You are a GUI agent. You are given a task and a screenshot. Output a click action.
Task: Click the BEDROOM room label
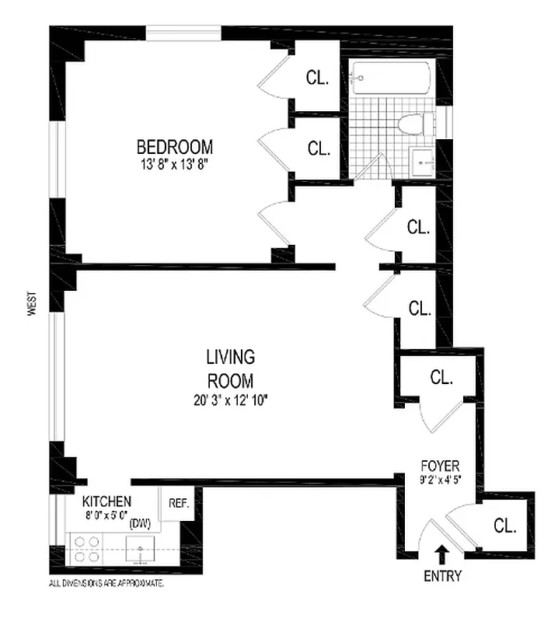click(x=175, y=146)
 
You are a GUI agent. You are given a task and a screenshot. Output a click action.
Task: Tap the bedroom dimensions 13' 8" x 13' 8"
click(x=175, y=163)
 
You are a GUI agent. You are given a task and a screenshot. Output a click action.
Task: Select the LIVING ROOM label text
click(x=230, y=369)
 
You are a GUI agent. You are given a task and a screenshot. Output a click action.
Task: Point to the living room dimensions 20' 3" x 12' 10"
click(x=230, y=401)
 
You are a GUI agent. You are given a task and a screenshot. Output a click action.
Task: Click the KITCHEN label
click(x=106, y=501)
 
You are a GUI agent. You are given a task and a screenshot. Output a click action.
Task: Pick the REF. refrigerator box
click(x=179, y=504)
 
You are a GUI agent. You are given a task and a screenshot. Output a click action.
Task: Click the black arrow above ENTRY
click(x=442, y=554)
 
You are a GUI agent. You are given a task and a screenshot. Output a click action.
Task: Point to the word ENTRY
click(x=442, y=576)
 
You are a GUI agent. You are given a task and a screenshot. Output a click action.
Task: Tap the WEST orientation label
click(x=32, y=302)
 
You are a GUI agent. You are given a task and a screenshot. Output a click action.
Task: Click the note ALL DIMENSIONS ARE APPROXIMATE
click(x=106, y=582)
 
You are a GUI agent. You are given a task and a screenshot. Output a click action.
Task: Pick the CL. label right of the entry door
click(x=505, y=526)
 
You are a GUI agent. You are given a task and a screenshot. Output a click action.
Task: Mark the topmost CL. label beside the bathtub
click(x=317, y=78)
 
